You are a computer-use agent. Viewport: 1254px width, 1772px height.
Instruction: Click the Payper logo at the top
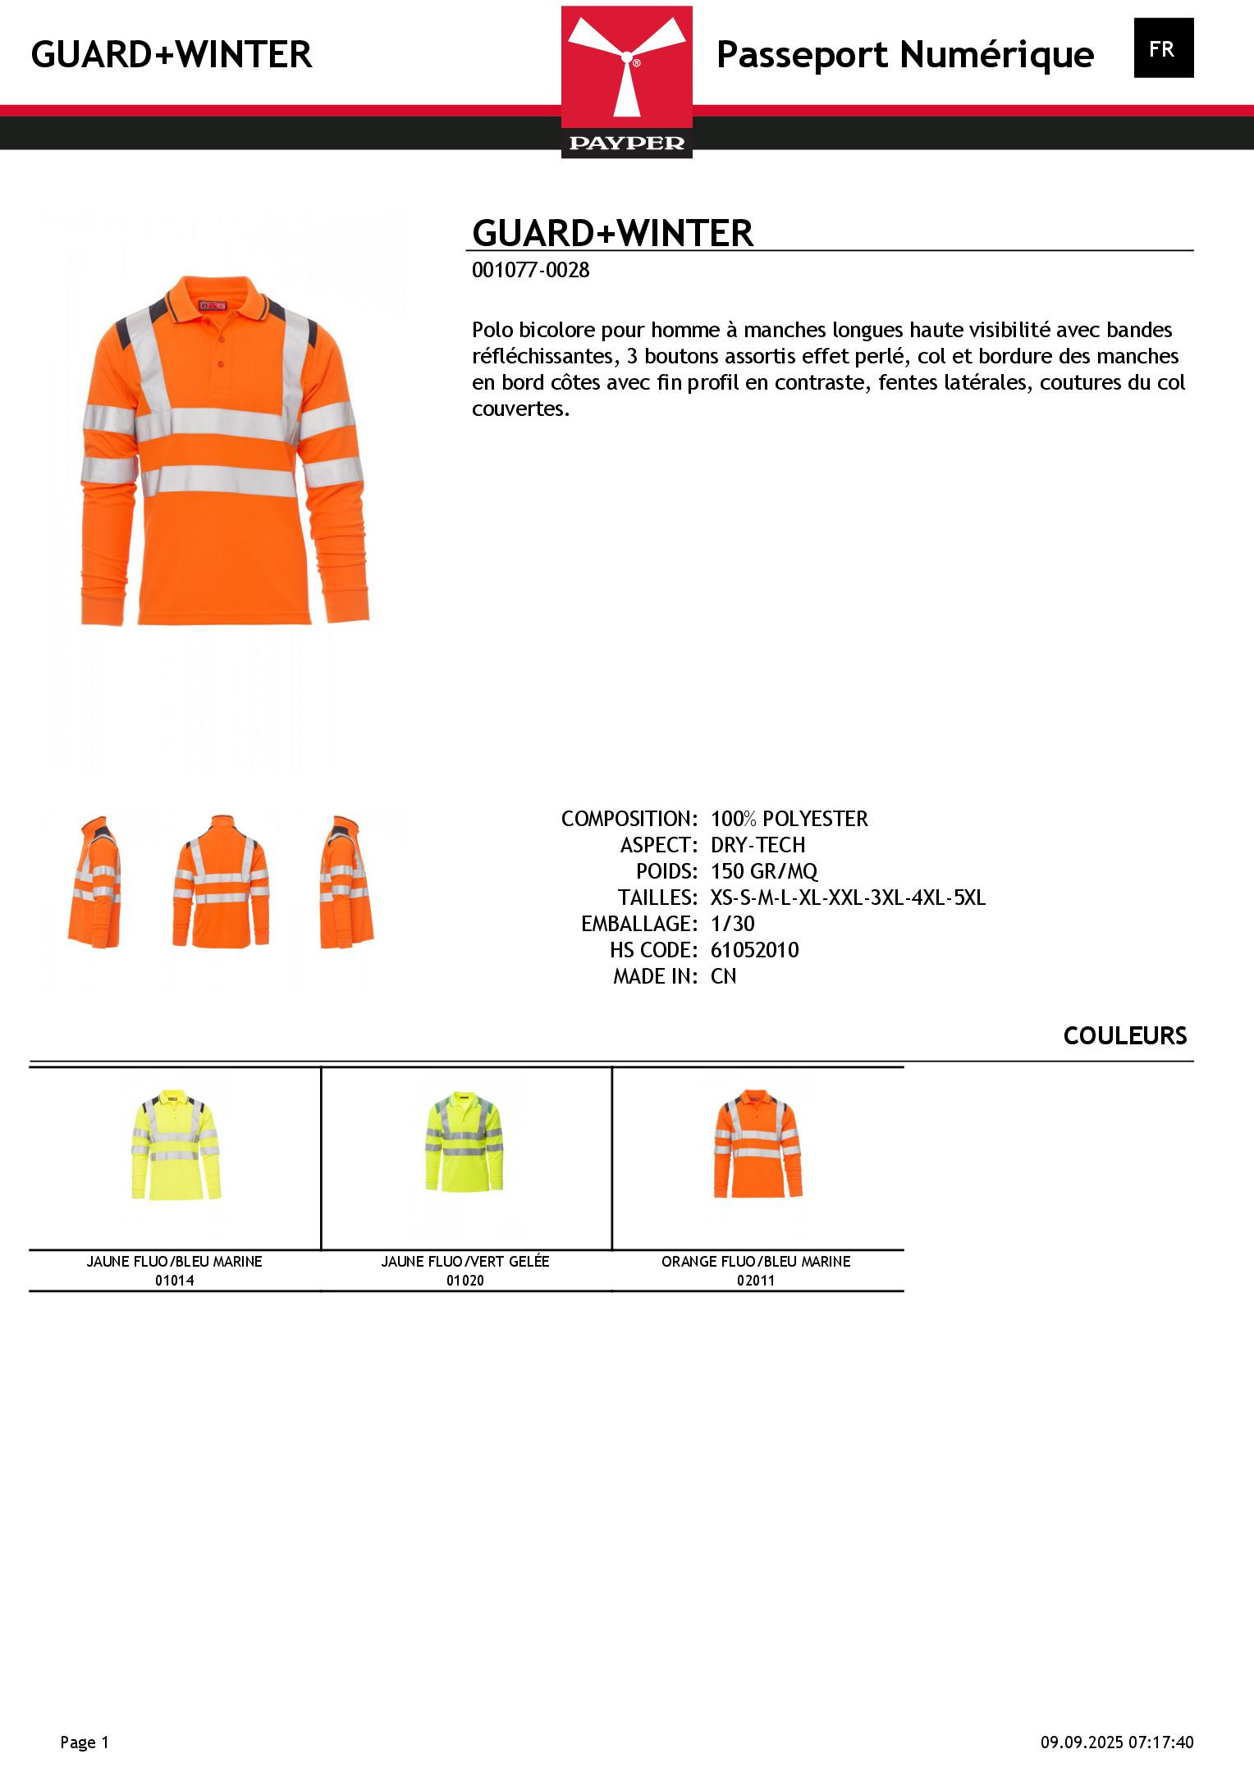(x=626, y=81)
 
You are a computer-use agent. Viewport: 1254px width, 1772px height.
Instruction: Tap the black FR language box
(x=1163, y=48)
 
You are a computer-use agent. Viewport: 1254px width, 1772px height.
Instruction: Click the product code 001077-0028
(x=530, y=271)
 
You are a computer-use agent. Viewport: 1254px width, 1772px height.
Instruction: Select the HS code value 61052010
(x=754, y=950)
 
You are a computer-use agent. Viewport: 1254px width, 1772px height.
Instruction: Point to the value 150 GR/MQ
(x=763, y=871)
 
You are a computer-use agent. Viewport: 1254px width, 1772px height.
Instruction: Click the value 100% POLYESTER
(x=789, y=819)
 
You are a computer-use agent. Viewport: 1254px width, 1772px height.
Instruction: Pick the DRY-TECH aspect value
(x=757, y=845)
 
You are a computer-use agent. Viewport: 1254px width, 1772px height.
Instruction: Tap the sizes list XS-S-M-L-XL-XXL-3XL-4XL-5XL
(x=847, y=897)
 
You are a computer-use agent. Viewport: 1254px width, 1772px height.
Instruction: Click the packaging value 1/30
(x=732, y=924)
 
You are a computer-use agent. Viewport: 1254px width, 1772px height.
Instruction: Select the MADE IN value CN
(x=723, y=976)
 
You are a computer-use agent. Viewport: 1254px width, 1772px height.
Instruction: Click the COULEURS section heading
(x=1124, y=1036)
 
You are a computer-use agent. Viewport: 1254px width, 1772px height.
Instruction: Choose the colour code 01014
(x=174, y=1281)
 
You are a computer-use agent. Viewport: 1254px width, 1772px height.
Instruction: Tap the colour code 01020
(x=465, y=1281)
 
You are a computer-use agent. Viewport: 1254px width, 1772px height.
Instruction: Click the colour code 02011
(x=755, y=1281)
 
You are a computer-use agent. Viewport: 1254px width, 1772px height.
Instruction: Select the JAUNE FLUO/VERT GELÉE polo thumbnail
(x=465, y=1144)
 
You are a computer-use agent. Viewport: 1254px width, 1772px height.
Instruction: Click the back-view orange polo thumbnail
(x=220, y=882)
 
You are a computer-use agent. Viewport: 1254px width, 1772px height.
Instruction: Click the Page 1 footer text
(x=85, y=1742)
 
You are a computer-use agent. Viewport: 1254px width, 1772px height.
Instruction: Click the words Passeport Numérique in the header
(x=904, y=55)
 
